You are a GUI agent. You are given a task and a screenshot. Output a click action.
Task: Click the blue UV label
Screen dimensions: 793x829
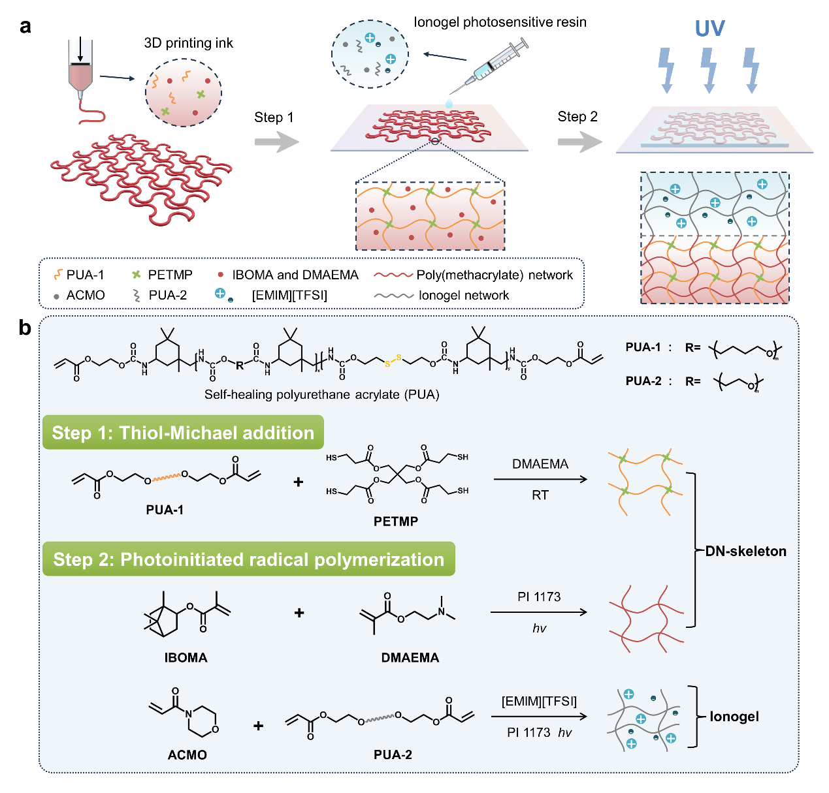[x=709, y=29]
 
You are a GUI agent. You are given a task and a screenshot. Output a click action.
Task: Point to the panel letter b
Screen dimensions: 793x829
[x=25, y=327]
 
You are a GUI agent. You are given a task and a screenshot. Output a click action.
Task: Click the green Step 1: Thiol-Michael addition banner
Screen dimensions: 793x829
[x=183, y=433]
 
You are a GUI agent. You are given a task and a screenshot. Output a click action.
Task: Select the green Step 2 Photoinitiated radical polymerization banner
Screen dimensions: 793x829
[x=248, y=559]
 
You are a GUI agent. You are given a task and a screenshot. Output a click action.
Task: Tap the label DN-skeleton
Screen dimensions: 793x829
[x=745, y=552]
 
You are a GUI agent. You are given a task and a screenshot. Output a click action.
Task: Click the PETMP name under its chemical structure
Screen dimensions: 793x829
[x=396, y=521]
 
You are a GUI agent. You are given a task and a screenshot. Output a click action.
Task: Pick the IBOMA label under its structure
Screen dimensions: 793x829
[x=186, y=657]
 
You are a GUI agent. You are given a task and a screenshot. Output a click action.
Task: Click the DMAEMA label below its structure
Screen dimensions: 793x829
[x=410, y=657]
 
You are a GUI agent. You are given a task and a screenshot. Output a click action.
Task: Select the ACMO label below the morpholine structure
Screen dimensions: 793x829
[x=187, y=754]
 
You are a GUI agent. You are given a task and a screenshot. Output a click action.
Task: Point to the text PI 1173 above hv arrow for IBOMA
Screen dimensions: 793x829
[x=539, y=597]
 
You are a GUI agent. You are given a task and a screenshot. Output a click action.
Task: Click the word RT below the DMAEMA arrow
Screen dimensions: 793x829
[x=540, y=495]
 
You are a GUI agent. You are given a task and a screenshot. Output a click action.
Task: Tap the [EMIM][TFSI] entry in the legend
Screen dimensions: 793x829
[x=289, y=295]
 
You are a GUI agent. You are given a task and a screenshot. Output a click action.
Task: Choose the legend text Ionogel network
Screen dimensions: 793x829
[x=464, y=295]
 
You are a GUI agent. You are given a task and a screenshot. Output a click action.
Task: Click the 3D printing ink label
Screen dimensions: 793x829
[x=188, y=43]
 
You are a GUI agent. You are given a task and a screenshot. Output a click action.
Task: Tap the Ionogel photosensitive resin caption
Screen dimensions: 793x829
[x=500, y=22]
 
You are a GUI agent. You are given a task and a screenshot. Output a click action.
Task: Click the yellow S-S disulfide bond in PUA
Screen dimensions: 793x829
[x=393, y=361]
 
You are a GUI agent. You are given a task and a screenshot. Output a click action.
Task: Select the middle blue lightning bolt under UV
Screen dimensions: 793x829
[x=709, y=69]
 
